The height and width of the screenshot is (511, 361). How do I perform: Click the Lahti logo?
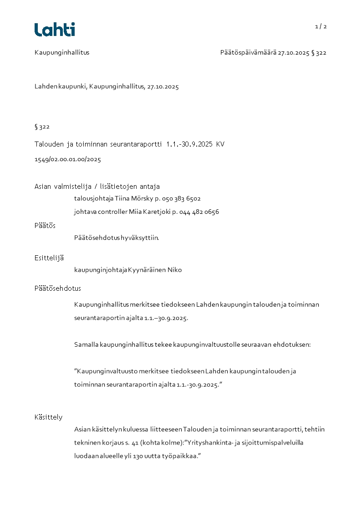[x=55, y=30]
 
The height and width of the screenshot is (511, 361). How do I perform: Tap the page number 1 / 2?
[x=321, y=26]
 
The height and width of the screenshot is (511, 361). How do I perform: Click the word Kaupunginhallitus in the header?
[x=62, y=52]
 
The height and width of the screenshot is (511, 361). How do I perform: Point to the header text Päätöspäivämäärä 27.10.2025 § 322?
[x=273, y=52]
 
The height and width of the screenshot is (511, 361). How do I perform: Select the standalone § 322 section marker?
[x=42, y=126]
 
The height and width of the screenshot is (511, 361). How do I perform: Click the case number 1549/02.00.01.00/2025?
[x=68, y=159]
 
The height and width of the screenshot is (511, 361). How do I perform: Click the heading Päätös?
[x=45, y=225]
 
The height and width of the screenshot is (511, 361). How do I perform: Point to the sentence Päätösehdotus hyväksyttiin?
[x=117, y=238]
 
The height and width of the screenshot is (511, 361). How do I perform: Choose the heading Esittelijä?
[x=49, y=258]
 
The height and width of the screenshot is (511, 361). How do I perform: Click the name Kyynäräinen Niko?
[x=155, y=270]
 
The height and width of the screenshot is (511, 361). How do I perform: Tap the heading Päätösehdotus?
[x=58, y=288]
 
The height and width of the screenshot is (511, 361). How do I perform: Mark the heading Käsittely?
[x=48, y=417]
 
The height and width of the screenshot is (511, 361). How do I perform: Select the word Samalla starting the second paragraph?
[x=86, y=344]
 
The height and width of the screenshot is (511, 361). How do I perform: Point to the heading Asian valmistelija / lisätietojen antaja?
[x=97, y=186]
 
